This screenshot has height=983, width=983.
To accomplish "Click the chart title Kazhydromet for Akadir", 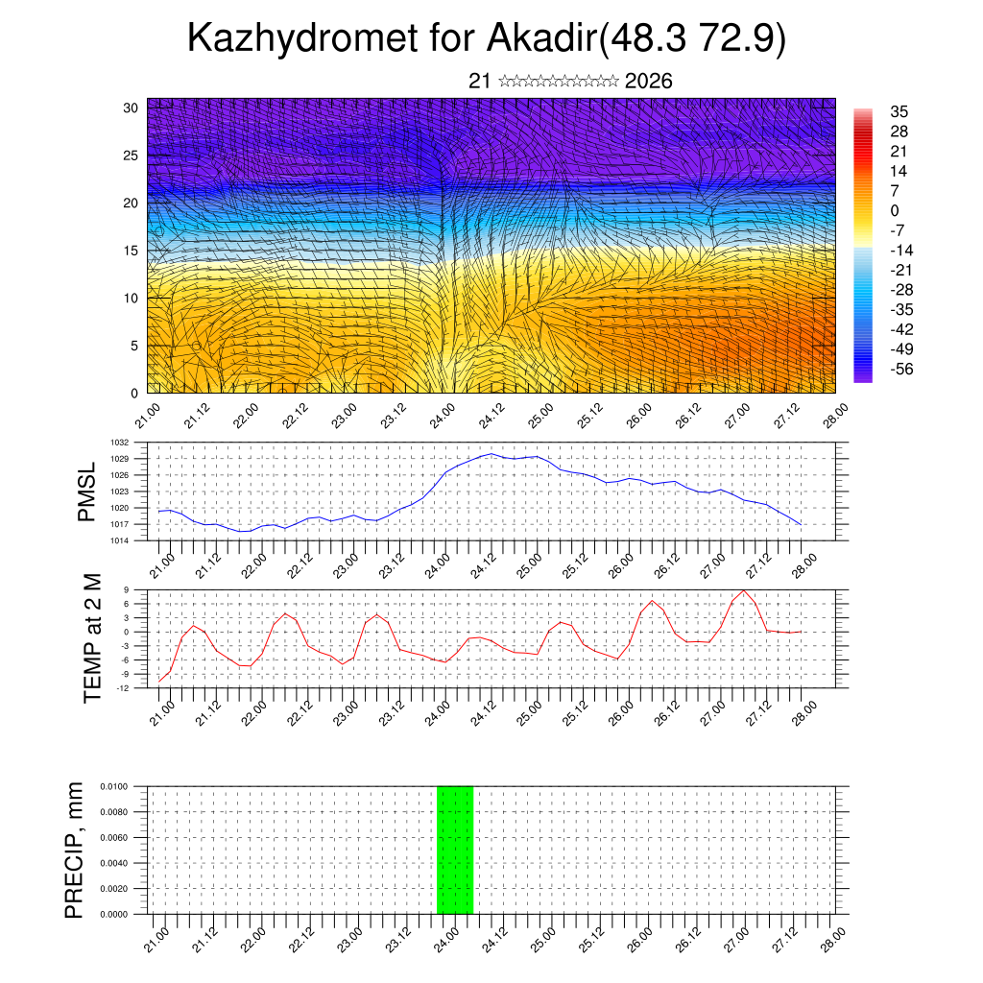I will pos(487,38).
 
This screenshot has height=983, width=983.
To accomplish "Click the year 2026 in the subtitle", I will pos(648,81).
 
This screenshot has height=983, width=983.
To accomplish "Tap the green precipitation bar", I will pos(455,850).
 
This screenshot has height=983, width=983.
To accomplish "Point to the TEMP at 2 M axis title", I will pos(92,636).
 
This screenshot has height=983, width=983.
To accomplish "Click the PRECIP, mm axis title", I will pos(75,850).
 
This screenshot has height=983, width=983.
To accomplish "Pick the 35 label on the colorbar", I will pos(899,111).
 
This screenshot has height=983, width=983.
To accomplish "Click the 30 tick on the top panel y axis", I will pos(131,108).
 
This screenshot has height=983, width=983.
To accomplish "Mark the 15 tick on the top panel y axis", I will pos(131,251).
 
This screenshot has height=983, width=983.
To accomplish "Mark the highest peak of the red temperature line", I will pos(743,590).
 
